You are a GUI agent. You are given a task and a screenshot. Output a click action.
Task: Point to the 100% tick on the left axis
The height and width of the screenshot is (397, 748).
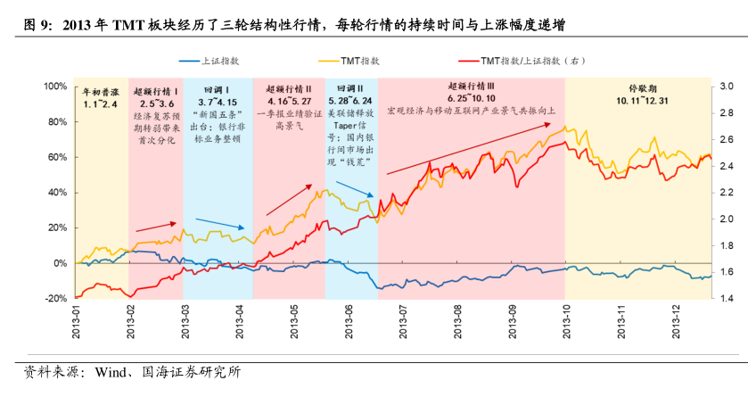click(55, 87)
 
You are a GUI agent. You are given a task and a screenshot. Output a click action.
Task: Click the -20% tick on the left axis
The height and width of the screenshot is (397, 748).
click(55, 299)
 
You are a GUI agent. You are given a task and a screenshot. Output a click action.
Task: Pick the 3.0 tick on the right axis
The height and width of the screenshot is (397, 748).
click(726, 87)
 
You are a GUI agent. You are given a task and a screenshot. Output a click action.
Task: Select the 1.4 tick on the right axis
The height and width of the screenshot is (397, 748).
click(726, 299)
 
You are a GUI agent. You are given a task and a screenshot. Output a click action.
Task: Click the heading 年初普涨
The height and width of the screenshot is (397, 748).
click(100, 92)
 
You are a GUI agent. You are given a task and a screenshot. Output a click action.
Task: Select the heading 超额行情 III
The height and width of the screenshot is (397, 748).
click(471, 87)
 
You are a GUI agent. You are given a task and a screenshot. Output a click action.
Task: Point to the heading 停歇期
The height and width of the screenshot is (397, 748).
click(641, 89)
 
